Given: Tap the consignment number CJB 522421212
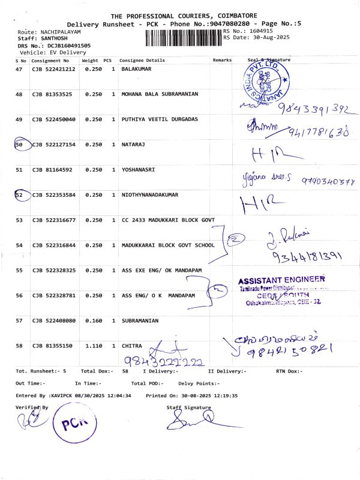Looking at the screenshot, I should (x=53, y=70).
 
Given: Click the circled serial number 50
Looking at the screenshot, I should (x=20, y=145).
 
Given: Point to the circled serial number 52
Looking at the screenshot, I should (x=20, y=195).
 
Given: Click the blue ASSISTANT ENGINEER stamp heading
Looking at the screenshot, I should (x=281, y=280).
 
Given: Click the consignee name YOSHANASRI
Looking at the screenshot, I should (x=139, y=170).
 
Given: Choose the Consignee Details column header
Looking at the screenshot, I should (x=142, y=61).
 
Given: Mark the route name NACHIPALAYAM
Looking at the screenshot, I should (x=62, y=31).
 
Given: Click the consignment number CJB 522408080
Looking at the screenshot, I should (x=53, y=320).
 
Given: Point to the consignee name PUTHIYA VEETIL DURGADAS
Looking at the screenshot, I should (x=160, y=119).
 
